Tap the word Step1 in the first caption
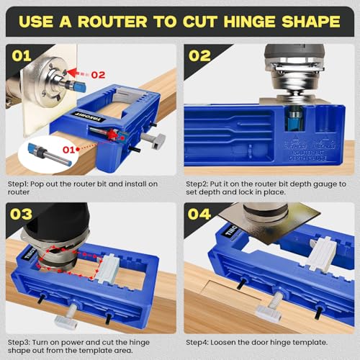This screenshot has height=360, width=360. [18, 184]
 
